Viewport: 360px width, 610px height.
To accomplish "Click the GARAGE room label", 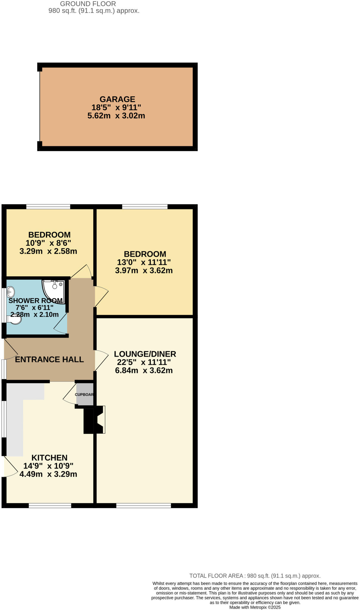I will (x=117, y=99).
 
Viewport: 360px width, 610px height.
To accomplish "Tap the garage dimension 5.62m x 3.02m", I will (x=116, y=116).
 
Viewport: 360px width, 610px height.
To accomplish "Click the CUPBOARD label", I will (x=84, y=394).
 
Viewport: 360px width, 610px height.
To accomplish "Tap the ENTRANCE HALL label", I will (x=49, y=360).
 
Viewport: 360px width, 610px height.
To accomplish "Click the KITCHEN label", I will (x=49, y=457).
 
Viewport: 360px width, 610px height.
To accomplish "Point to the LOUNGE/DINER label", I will (x=145, y=354).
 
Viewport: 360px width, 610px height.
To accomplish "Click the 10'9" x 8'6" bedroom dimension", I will (x=48, y=243).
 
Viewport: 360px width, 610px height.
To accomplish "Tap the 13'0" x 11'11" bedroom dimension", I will (x=144, y=262).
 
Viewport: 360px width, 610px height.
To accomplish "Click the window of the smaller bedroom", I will (x=48, y=206).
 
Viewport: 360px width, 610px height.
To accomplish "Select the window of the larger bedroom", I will (x=145, y=206).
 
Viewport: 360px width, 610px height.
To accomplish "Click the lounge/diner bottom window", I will (x=143, y=505).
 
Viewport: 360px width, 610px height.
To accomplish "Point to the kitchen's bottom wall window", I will (x=50, y=505).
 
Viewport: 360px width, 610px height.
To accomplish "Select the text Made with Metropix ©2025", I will (x=255, y=607).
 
